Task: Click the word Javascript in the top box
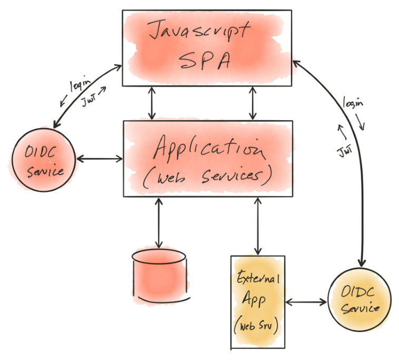pos(198,31)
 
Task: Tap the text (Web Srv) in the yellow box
pos(257,325)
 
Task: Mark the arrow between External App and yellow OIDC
pos(306,303)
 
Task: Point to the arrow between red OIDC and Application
pos(100,158)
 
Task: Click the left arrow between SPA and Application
pos(153,103)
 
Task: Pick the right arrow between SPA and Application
pos(254,103)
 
